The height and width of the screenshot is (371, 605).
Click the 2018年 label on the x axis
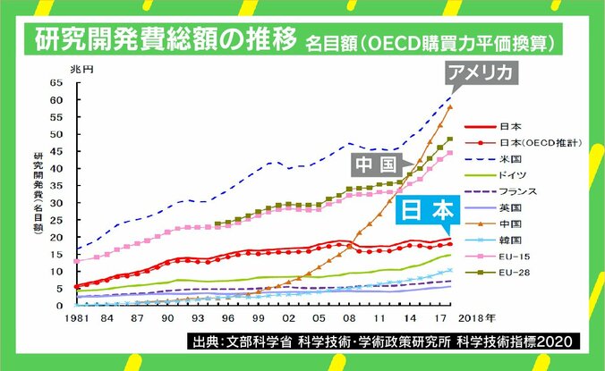point(476,318)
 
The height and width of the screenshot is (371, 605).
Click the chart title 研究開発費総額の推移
point(165,40)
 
